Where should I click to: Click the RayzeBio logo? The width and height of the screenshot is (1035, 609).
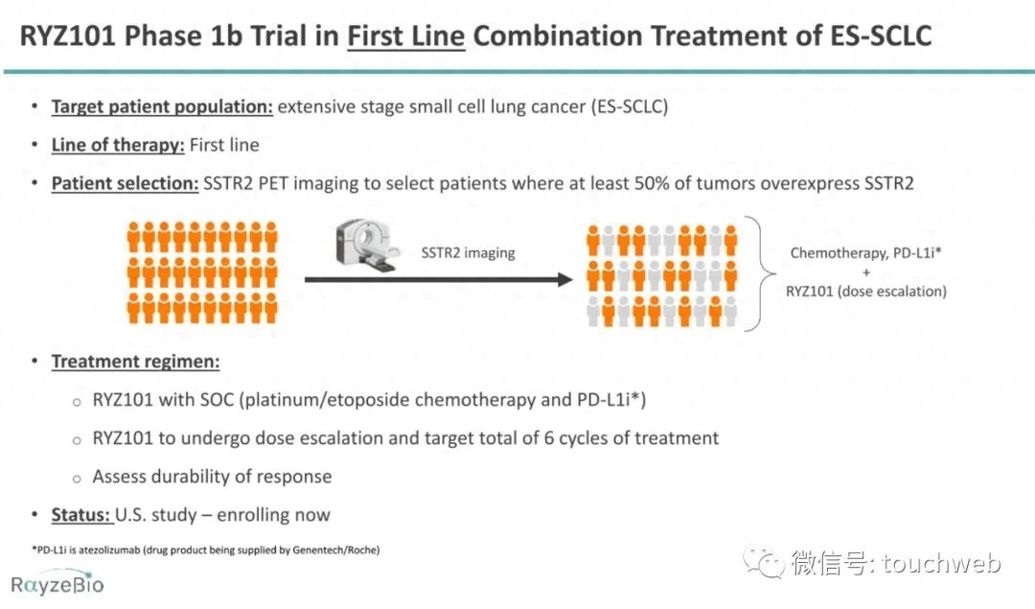point(57,583)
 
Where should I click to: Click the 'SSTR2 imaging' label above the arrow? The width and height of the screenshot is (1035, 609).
point(468,253)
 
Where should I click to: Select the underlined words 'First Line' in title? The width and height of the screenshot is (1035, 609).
point(405,36)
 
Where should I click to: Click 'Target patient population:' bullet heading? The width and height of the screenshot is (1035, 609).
point(162,106)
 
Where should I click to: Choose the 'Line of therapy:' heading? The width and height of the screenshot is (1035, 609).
point(118,145)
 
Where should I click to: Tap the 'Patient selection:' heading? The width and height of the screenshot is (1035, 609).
point(125,183)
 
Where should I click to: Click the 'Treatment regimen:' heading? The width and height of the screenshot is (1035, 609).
point(135,362)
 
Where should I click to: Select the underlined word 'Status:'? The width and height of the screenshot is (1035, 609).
point(81,515)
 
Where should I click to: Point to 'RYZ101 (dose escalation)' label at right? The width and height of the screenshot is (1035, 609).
point(865,292)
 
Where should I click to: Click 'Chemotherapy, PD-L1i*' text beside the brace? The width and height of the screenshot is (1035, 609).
point(865,253)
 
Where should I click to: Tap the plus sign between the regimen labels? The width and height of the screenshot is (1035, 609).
point(865,272)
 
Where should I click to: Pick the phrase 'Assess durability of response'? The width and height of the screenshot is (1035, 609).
point(212,477)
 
